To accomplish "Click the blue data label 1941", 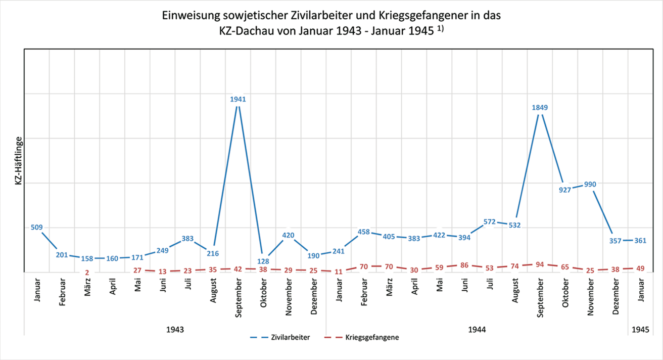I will [x=238, y=99].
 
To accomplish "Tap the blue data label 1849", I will [x=540, y=107].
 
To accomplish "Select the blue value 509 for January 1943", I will [x=36, y=228].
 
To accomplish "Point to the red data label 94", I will [x=540, y=264].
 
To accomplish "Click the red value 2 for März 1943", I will [x=87, y=273].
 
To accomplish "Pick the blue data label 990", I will [x=590, y=184].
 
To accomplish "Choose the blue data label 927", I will [x=565, y=190].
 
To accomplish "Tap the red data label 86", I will [x=464, y=264].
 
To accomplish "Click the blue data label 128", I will [x=263, y=261].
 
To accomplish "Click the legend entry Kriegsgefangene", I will [x=372, y=337].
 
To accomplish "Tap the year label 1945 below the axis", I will [x=640, y=330].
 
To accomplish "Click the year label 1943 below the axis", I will [x=175, y=330].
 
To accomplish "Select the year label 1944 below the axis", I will [x=477, y=330].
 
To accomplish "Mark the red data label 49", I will [x=640, y=268].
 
